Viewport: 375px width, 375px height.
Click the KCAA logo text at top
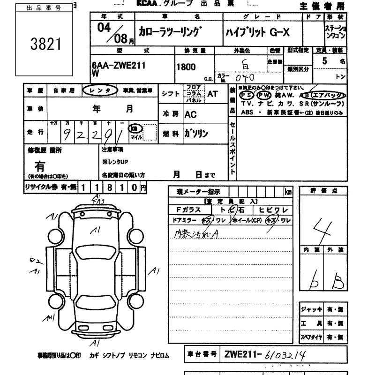(150, 3)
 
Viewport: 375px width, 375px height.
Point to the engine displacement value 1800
(186, 67)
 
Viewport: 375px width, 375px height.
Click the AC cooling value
(191, 114)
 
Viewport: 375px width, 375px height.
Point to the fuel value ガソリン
(196, 134)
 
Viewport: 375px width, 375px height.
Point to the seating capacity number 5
(325, 60)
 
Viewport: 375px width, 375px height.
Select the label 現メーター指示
(195, 192)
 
